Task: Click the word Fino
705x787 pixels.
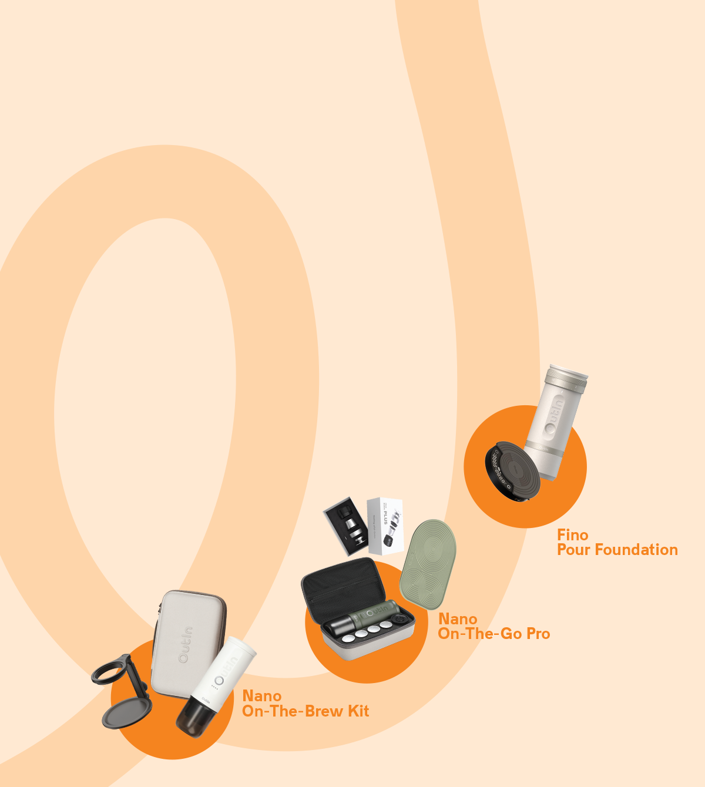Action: point(572,535)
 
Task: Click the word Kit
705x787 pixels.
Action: point(358,711)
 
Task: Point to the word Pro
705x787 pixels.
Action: point(538,634)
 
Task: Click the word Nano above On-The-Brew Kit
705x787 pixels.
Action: point(261,696)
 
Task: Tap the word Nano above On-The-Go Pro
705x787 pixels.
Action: point(458,619)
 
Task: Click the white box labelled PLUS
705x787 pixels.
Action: point(385,526)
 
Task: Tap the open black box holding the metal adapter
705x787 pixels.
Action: point(346,526)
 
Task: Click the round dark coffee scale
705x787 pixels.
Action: point(512,471)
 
